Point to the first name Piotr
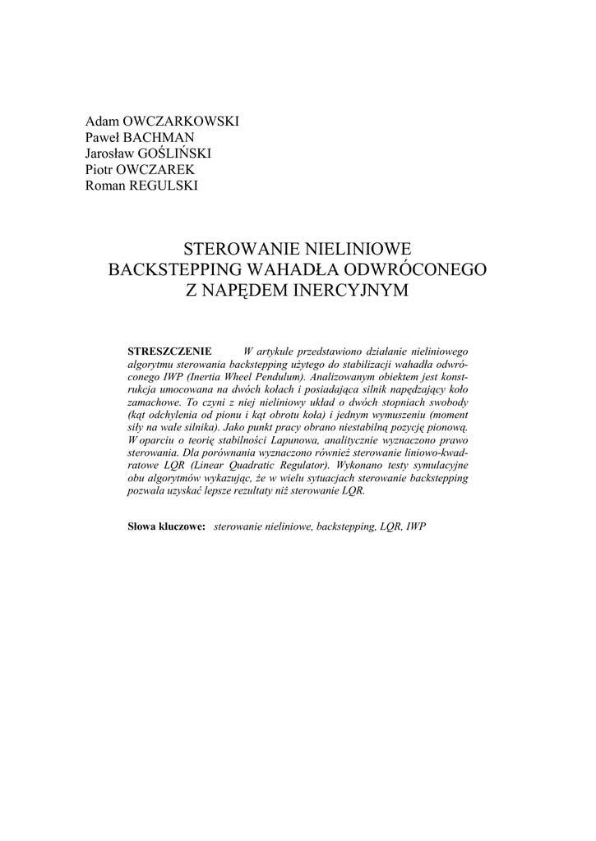tap(101, 169)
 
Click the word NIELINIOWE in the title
tap(353, 248)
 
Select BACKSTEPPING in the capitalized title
tap(174, 269)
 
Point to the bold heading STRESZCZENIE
tap(171, 351)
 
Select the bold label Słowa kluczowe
tap(167, 525)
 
